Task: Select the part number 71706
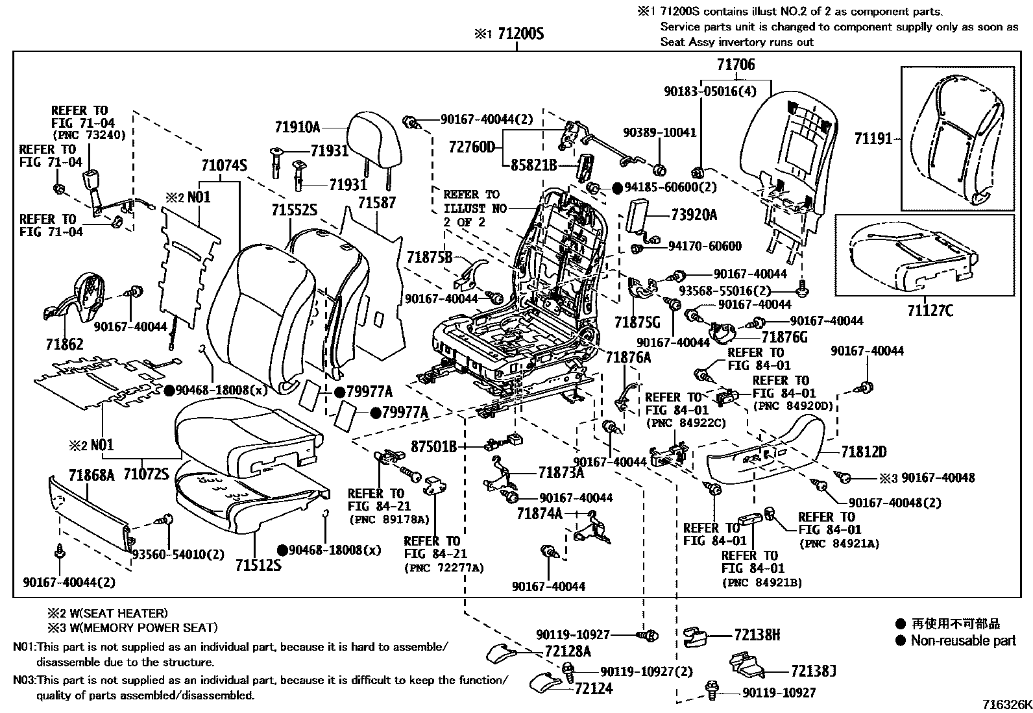click(x=736, y=65)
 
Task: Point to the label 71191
click(x=873, y=138)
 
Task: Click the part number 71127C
click(x=930, y=311)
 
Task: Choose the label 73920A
click(x=694, y=215)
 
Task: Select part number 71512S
click(x=258, y=564)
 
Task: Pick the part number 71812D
click(x=864, y=452)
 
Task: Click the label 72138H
click(x=757, y=634)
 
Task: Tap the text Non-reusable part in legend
click(x=963, y=641)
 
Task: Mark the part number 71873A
click(x=561, y=474)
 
